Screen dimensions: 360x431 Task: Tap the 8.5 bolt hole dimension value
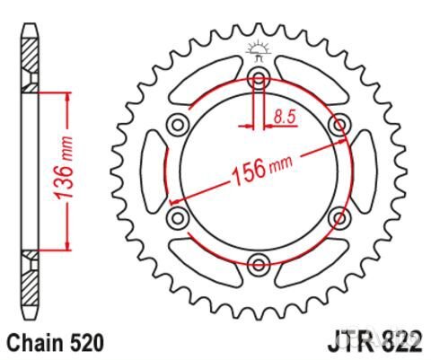coord(286,116)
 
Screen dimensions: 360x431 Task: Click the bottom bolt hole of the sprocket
coord(259,263)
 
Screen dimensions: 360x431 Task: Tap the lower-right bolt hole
coord(340,215)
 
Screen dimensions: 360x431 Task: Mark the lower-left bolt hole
coord(177,215)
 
